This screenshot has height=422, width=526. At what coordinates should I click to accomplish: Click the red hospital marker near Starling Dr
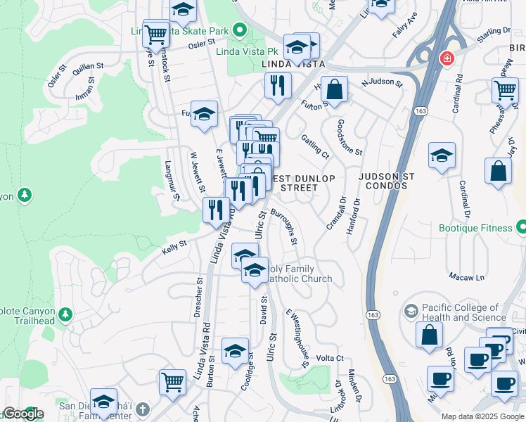click(446, 59)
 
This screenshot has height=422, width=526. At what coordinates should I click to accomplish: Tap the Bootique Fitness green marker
click(521, 227)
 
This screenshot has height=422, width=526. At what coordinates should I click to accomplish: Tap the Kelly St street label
click(173, 243)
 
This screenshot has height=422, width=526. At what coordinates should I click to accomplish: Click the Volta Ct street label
click(330, 358)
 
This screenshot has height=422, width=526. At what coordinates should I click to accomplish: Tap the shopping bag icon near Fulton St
click(335, 89)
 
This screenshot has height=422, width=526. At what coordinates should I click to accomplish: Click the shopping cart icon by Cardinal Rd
click(504, 90)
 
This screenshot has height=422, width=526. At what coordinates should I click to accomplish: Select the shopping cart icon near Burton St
click(172, 382)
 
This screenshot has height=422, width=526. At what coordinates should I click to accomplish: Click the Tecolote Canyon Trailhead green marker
click(65, 312)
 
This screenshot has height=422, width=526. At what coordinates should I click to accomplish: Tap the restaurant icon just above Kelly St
click(215, 209)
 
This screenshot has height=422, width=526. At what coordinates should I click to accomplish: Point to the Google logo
click(23, 414)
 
